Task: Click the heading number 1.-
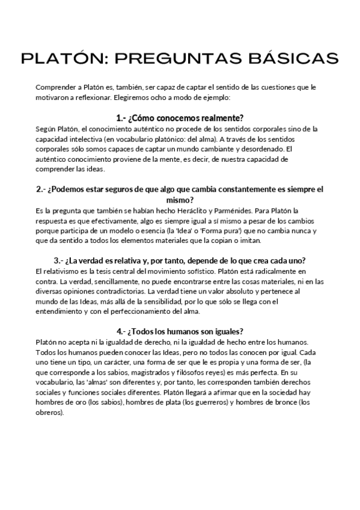(x=121, y=118)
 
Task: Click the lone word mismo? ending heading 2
(x=179, y=200)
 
